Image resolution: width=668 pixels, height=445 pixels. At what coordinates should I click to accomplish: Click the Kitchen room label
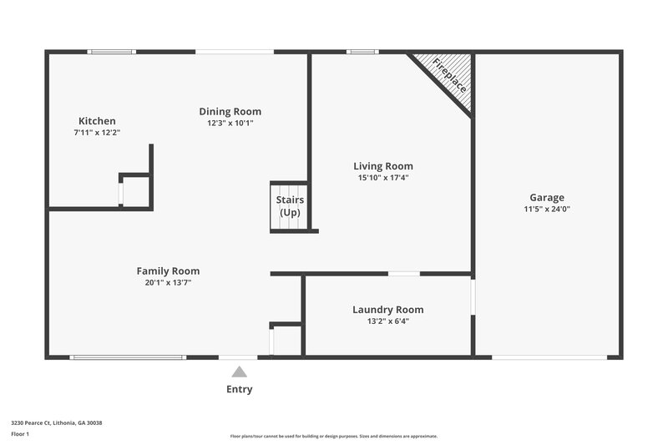(x=97, y=121)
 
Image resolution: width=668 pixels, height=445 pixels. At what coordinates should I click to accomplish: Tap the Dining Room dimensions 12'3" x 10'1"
(x=230, y=123)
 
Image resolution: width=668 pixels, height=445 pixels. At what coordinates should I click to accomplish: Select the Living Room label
(x=382, y=166)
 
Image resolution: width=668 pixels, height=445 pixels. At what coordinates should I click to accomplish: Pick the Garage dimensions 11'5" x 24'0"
(x=547, y=209)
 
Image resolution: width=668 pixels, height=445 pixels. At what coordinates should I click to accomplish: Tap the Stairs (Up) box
(x=289, y=206)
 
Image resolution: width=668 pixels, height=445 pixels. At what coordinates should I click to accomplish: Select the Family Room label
(x=168, y=271)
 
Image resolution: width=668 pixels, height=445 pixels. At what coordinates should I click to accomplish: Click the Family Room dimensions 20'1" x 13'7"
(x=168, y=282)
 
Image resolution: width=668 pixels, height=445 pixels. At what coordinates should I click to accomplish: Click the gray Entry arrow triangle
(x=240, y=372)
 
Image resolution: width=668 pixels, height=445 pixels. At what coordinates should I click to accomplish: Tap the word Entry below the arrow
(x=240, y=389)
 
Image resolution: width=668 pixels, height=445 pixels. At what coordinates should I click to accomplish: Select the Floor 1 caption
(x=20, y=434)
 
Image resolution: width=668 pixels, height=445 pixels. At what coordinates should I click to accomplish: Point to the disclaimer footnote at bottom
(x=333, y=436)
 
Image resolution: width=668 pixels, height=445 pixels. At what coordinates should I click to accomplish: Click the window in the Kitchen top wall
(x=112, y=52)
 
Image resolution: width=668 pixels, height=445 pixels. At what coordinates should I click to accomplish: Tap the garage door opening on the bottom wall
(x=549, y=357)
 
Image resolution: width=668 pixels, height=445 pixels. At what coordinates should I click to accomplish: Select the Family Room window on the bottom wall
(x=128, y=357)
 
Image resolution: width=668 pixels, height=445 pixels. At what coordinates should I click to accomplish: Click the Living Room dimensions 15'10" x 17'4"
(x=382, y=177)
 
